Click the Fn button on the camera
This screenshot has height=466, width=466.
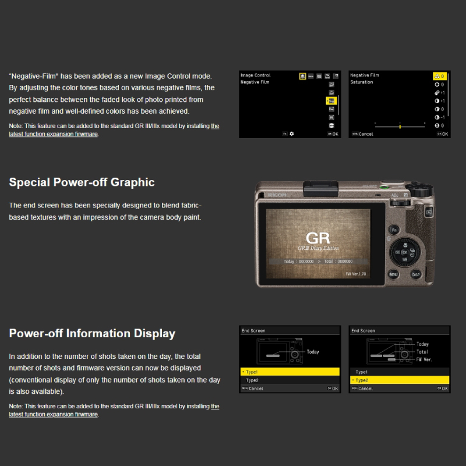click(394, 231)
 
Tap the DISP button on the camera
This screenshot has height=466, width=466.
click(416, 274)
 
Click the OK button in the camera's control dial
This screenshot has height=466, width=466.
click(405, 252)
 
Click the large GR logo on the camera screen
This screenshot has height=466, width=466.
click(318, 238)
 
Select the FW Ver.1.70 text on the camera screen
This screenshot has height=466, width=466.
click(356, 273)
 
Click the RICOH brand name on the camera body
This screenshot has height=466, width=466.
click(277, 195)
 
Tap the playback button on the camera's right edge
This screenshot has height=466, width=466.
click(429, 213)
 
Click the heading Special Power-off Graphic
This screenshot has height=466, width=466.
click(82, 182)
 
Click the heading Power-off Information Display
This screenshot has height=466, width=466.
click(92, 334)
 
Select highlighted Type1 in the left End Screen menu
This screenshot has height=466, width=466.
click(290, 372)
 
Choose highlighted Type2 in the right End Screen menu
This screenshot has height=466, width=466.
click(399, 380)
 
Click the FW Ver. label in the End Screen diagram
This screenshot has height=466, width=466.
click(424, 359)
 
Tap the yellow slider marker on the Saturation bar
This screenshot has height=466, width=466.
click(400, 126)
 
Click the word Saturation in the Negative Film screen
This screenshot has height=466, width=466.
click(362, 83)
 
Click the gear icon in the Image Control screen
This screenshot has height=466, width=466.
click(292, 133)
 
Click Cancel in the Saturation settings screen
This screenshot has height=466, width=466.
click(365, 134)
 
